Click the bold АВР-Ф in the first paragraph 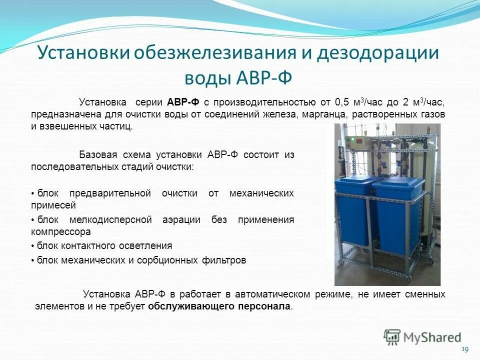click(183, 102)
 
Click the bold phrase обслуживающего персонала click(219, 306)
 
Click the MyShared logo click(422, 337)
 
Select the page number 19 click(465, 348)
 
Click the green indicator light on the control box click(353, 138)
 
